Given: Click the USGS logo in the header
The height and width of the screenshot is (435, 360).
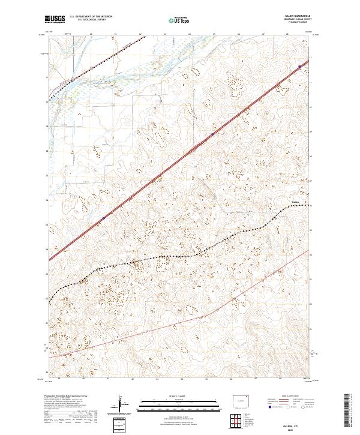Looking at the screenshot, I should point(55,20).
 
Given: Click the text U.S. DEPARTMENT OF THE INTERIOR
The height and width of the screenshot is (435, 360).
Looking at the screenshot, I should point(91,16).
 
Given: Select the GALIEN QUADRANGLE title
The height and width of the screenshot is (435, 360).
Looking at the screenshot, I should point(298,16).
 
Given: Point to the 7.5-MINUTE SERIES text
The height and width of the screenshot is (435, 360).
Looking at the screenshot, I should point(298,23).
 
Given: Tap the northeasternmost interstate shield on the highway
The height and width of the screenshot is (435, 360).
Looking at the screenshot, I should point(299,67).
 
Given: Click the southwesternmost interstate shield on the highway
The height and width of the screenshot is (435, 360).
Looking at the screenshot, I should point(103,218).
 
